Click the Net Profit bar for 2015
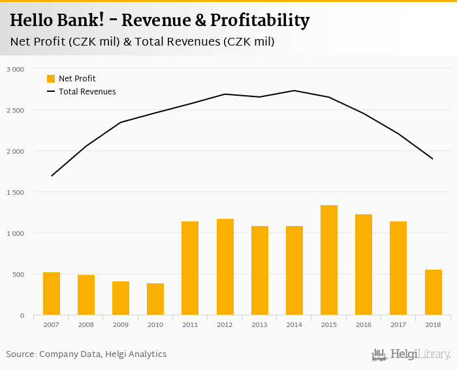pyautogui.click(x=329, y=260)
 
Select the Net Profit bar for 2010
pyautogui.click(x=155, y=299)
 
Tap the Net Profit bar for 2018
pyautogui.click(x=433, y=292)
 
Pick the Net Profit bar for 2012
pyautogui.click(x=225, y=267)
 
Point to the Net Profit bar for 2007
pyautogui.click(x=52, y=294)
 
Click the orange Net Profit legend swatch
pyautogui.click(x=51, y=79)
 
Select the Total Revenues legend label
pyautogui.click(x=87, y=92)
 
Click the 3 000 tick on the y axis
pyautogui.click(x=14, y=69)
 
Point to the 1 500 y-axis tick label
pyautogui.click(x=14, y=192)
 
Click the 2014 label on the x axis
pyautogui.click(x=294, y=324)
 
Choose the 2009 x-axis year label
pyautogui.click(x=121, y=324)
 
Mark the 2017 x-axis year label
pyautogui.click(x=398, y=324)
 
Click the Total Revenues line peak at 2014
pyautogui.click(x=294, y=91)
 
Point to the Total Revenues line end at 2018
pyautogui.click(x=433, y=159)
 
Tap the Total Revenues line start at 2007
pyautogui.click(x=52, y=176)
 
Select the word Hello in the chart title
pyautogui.click(x=32, y=21)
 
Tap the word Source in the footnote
pyautogui.click(x=20, y=354)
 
